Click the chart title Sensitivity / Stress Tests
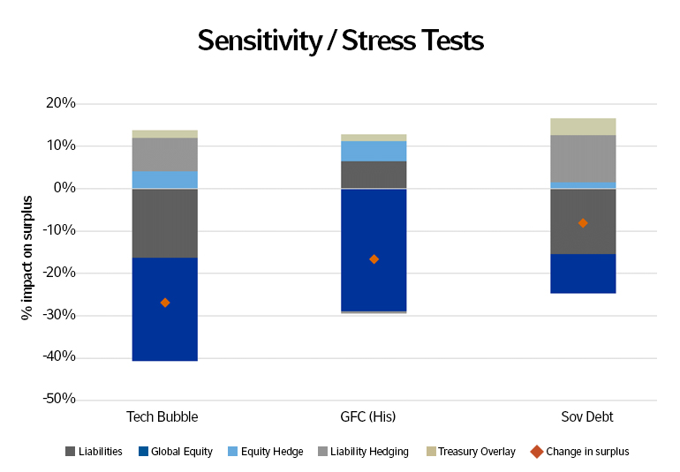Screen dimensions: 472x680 point(340,41)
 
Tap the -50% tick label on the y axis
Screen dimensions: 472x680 point(58,400)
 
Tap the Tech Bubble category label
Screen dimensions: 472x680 point(163,416)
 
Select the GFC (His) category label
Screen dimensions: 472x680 point(374,416)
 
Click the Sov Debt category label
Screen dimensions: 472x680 point(583,416)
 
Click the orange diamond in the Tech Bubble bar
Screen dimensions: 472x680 point(164,303)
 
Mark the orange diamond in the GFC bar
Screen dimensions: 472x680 point(374,259)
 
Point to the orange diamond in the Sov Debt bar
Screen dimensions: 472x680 point(583,223)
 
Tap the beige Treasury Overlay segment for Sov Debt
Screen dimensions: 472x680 point(583,126)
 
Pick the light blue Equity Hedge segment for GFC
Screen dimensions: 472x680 point(374,151)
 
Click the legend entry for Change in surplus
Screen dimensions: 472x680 point(580,452)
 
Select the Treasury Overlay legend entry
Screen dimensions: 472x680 point(472,452)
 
